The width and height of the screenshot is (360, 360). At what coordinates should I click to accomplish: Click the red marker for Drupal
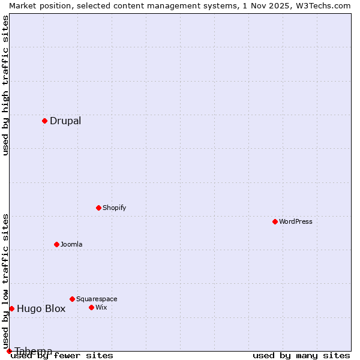44,121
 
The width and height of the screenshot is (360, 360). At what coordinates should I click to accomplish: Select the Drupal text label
65,121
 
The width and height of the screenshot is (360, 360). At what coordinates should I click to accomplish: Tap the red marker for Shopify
98,208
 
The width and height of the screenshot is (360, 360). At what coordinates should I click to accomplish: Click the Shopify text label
114,208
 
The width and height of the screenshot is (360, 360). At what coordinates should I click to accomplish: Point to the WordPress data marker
275,221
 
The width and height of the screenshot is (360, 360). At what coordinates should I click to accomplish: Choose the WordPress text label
296,222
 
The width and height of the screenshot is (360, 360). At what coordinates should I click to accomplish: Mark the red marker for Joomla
56,244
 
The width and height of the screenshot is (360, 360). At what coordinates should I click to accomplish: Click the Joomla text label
71,245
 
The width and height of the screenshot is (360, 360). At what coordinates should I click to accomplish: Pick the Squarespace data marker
72,299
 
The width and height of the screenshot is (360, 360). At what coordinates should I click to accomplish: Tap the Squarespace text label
97,299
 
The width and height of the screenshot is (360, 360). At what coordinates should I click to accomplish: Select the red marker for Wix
91,307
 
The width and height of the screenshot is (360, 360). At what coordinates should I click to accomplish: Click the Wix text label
101,308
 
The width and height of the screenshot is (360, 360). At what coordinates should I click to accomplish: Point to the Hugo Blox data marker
11,308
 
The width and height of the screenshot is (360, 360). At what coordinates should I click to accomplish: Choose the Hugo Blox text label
41,309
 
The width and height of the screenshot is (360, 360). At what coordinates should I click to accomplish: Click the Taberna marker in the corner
9,351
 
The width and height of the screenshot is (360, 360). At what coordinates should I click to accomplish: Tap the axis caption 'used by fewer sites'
62,356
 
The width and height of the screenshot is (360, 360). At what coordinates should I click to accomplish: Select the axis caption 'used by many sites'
301,356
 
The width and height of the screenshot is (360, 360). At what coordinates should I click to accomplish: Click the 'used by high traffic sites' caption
5,85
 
